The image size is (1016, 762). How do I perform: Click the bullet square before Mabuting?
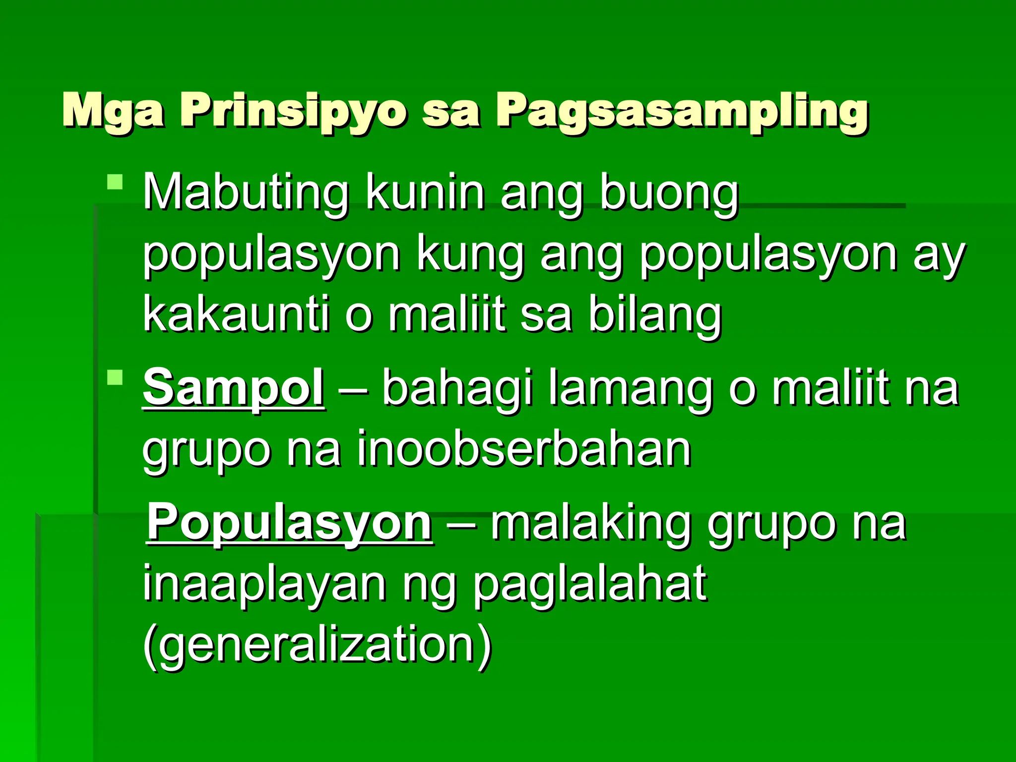coord(115,182)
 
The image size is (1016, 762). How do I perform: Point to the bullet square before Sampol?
coord(115,378)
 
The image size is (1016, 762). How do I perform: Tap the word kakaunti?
coord(236,315)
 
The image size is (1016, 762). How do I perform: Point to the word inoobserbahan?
coord(524,449)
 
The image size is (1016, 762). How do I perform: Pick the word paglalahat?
coord(589,585)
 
